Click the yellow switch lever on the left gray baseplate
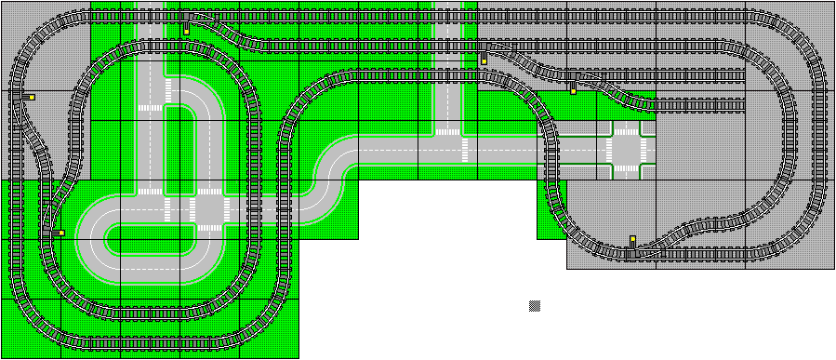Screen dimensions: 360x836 tap(32, 96)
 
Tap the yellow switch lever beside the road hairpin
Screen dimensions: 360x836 tap(58, 233)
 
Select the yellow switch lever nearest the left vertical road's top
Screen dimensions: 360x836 tap(186, 31)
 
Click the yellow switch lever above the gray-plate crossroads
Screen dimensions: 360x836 tap(573, 91)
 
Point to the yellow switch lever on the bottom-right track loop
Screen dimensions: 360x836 tap(632, 240)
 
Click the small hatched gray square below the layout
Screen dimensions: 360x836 tap(535, 305)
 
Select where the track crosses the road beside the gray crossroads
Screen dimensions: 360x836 tap(551, 149)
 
